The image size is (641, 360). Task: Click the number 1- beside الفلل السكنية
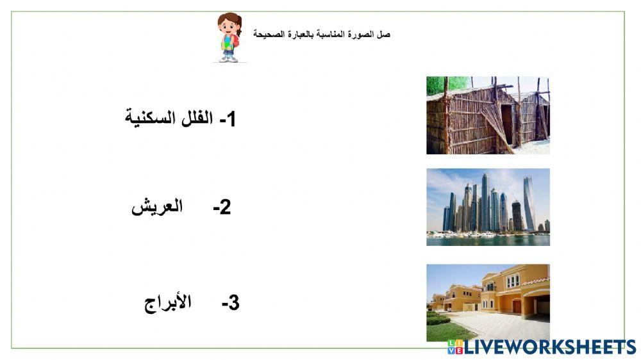228,119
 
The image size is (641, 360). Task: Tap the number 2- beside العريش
222,208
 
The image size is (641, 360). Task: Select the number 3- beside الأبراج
230,304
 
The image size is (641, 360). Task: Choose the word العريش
157,207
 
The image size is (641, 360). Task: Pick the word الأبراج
168,302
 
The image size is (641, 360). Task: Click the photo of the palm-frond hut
488,115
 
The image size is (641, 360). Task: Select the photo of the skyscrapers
488,207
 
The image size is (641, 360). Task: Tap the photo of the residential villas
488,302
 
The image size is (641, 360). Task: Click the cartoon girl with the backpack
229,38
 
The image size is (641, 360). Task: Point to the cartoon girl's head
228,25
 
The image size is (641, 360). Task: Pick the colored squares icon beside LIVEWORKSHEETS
454,347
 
